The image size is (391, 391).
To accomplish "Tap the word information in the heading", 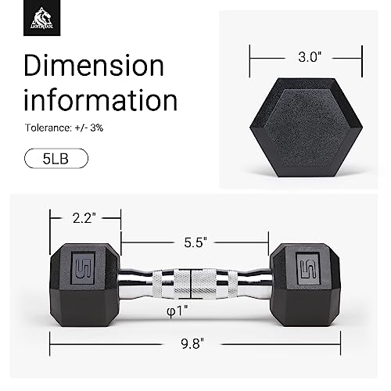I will (100, 100).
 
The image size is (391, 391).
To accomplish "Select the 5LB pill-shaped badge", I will (56, 159).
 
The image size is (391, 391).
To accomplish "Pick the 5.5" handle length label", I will (195, 242).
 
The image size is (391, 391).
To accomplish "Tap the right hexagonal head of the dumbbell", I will (307, 278).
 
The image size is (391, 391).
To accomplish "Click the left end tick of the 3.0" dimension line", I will (250, 57).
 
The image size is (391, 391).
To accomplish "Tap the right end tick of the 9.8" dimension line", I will (341, 342).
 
